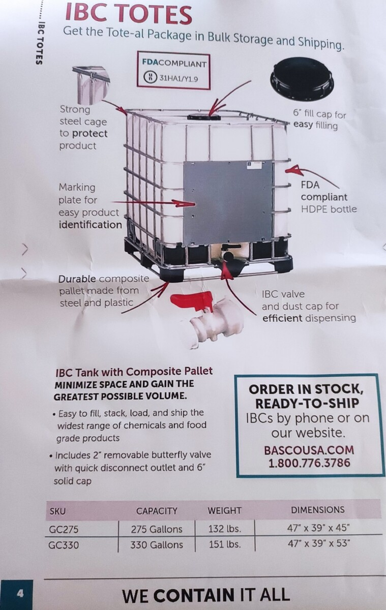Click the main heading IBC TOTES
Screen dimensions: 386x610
129,14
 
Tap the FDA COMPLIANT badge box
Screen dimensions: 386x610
173,70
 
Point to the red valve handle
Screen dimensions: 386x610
192,301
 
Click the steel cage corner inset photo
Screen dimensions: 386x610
91,85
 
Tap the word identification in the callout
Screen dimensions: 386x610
91,225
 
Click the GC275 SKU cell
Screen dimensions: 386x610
64,529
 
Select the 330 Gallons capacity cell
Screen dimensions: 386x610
156,544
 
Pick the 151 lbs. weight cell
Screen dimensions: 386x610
225,544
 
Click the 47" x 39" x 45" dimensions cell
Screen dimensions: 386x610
318,528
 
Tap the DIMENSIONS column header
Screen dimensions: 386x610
318,510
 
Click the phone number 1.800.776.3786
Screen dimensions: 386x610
309,463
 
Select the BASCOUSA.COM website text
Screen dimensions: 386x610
309,450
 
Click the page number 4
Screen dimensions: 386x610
20,594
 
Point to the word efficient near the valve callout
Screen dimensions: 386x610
282,318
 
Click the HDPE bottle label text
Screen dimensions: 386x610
329,209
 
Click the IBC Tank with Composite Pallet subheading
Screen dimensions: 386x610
134,372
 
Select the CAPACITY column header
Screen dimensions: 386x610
157,511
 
